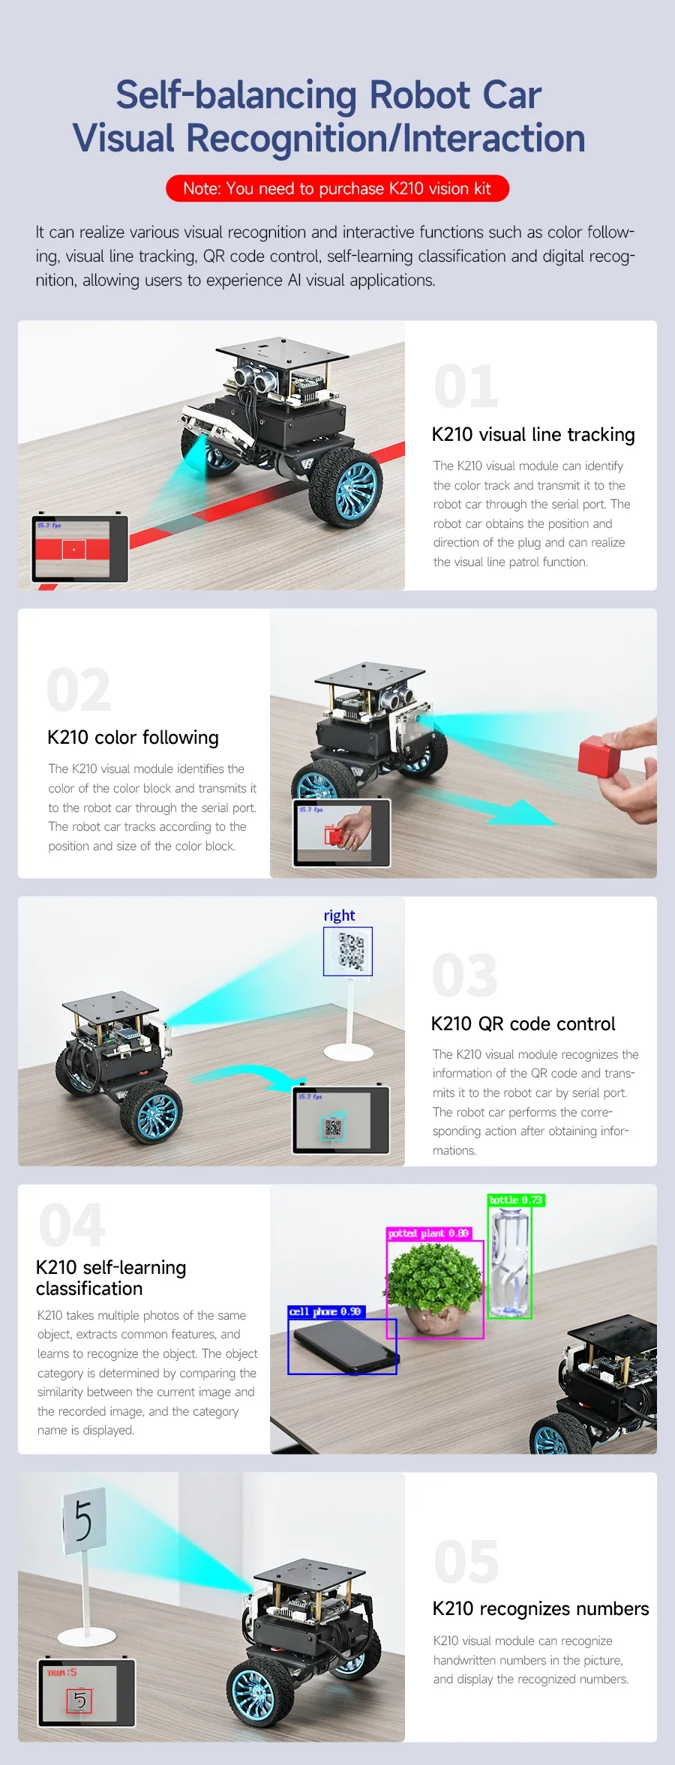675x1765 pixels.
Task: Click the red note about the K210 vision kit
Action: tap(337, 188)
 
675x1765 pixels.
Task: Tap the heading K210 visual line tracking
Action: tap(533, 435)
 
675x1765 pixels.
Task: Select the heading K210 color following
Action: tap(133, 738)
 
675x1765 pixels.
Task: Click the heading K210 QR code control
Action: tap(523, 1023)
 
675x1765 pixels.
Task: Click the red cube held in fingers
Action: tap(599, 754)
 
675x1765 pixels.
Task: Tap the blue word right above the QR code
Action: tap(339, 915)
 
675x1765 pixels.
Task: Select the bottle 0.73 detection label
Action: tap(516, 1200)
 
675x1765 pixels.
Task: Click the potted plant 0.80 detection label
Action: tap(429, 1233)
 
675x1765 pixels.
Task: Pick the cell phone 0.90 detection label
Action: tap(326, 1311)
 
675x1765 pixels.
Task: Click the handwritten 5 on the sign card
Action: tap(82, 1521)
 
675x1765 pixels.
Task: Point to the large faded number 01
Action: tap(466, 387)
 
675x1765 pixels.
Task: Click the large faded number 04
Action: tap(72, 1224)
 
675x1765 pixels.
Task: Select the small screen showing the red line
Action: tap(79, 549)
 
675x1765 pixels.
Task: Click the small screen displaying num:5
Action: tap(87, 1693)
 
